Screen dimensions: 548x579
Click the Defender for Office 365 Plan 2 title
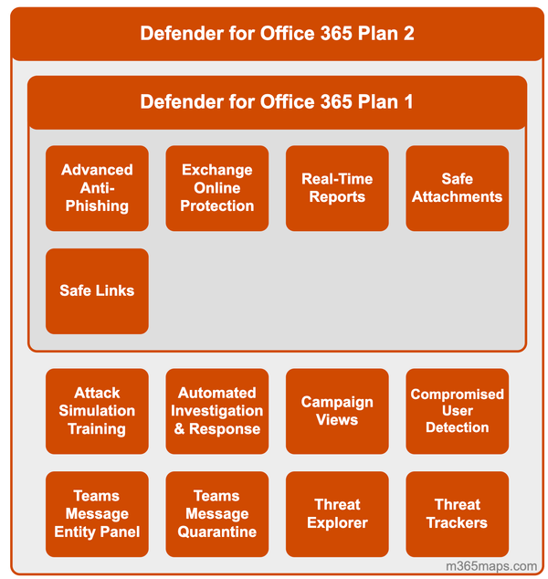[x=277, y=34]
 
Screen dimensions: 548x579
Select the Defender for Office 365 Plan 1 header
[x=277, y=101]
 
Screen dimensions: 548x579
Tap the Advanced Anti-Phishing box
[x=97, y=188]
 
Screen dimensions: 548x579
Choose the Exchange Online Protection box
[x=216, y=188]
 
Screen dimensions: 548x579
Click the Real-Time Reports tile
[x=337, y=188]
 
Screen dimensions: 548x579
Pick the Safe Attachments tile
[x=457, y=188]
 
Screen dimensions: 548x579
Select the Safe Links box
[x=97, y=291]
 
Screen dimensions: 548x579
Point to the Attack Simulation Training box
[x=97, y=411]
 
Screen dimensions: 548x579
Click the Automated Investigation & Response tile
[x=216, y=411]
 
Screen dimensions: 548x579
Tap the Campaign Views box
[x=337, y=411]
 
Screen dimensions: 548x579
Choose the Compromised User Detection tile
[x=457, y=411]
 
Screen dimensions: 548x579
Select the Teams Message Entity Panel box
[x=97, y=514]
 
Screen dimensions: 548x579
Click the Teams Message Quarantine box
[x=216, y=514]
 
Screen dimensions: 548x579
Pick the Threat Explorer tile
[x=337, y=514]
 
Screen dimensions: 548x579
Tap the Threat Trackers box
[x=457, y=514]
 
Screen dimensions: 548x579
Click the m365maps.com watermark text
[x=491, y=566]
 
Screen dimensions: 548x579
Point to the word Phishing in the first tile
[x=97, y=206]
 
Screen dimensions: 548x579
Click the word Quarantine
[x=216, y=532]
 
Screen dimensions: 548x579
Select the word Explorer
[x=337, y=523]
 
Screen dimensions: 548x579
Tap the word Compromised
[x=457, y=395]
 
